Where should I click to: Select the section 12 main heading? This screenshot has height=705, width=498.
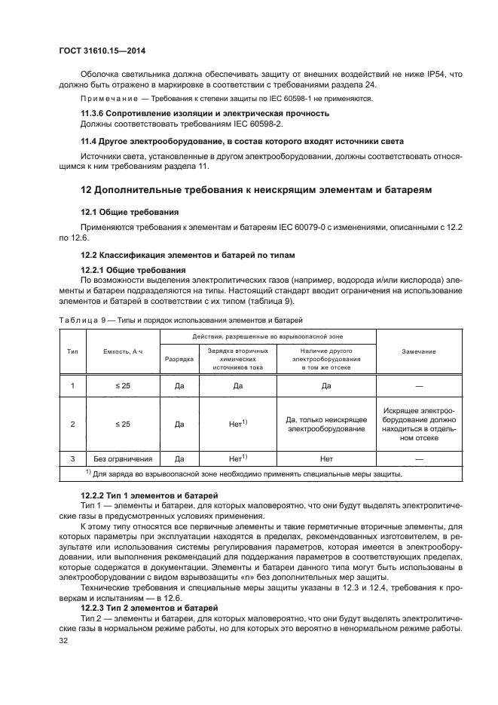coord(256,191)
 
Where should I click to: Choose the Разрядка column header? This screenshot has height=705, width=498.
coord(179,359)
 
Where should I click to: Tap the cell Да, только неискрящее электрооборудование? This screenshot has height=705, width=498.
coord(326,424)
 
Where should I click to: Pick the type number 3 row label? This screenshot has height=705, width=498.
coord(72,458)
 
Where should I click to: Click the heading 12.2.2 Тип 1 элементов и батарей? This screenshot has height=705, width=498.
coord(149,494)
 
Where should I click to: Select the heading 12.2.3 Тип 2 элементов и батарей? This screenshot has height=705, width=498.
coord(149,607)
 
